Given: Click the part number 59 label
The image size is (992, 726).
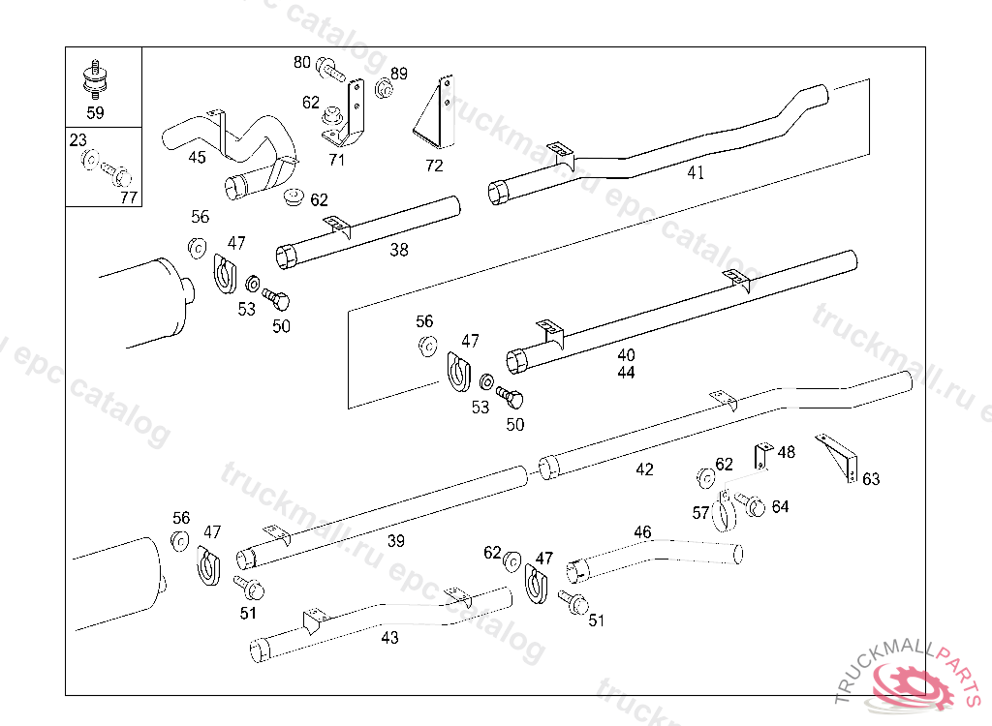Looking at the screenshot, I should [x=95, y=113].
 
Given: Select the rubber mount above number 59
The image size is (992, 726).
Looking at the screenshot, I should [x=95, y=80].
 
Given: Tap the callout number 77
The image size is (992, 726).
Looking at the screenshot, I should [x=129, y=198].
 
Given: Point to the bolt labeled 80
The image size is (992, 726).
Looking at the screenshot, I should [x=330, y=71].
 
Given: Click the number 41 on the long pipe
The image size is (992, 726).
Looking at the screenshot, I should [x=696, y=173].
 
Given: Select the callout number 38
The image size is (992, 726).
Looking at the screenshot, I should [x=399, y=251].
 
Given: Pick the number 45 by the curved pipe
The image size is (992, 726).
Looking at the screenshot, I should [x=197, y=158].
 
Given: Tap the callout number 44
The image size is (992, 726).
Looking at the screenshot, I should [x=626, y=373].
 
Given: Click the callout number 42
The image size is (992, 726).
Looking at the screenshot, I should [x=644, y=469].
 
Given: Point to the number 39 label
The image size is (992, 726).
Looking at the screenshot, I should [x=396, y=542].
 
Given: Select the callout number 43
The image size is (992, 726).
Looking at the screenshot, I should [x=389, y=639].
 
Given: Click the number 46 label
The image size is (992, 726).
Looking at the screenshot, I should [x=642, y=532].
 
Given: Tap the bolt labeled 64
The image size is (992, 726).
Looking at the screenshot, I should [x=752, y=504].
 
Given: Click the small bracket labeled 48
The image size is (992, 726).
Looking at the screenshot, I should [x=762, y=454].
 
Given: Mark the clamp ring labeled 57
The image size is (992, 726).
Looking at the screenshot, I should [x=723, y=514].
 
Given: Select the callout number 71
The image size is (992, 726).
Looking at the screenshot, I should [x=337, y=160].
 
